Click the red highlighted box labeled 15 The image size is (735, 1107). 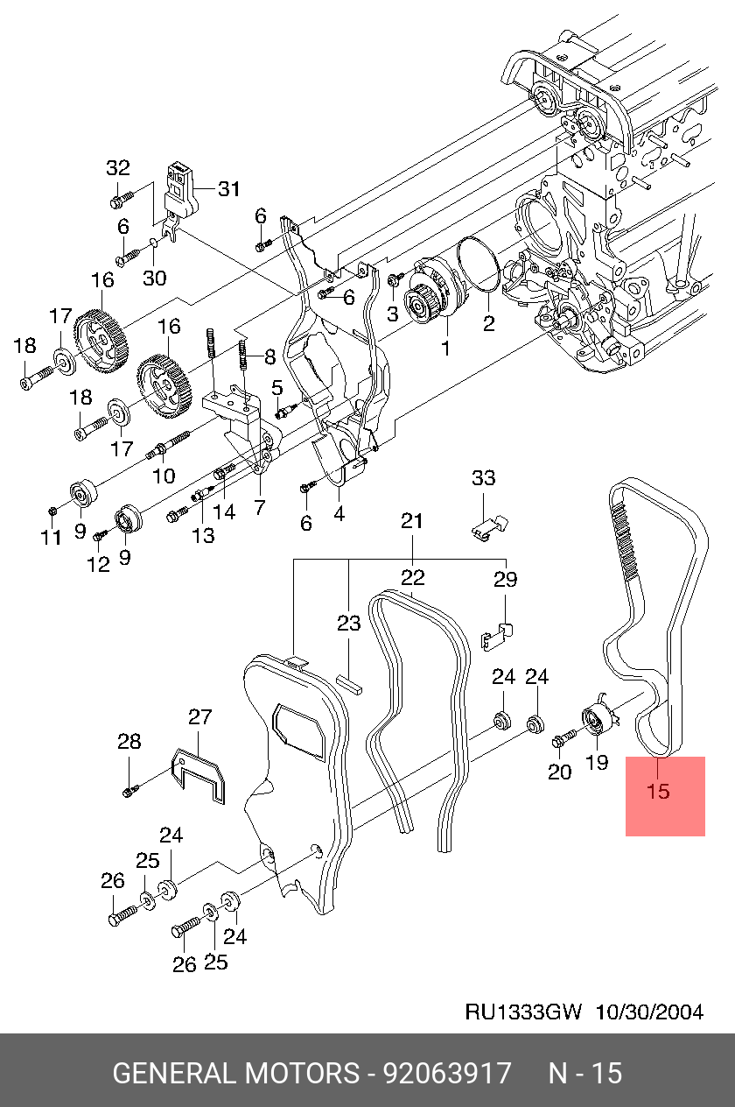(665, 795)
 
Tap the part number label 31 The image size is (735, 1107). (228, 189)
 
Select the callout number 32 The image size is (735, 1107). (118, 168)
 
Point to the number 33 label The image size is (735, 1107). (483, 478)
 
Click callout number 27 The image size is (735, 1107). (200, 718)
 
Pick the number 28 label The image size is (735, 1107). (129, 743)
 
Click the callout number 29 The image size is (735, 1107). (506, 580)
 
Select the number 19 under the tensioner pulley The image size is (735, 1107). (596, 762)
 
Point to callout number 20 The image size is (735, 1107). (560, 771)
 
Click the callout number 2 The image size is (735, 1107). (488, 324)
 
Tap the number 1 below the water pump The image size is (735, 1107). (444, 349)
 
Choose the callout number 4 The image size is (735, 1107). (338, 515)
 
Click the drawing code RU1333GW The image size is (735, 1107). (523, 1012)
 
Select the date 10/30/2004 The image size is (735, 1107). (649, 1012)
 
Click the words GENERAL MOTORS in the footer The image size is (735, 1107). (235, 1073)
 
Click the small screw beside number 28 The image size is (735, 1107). (129, 792)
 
